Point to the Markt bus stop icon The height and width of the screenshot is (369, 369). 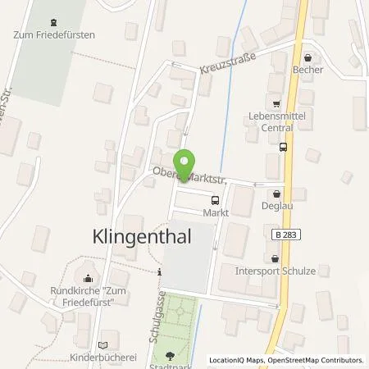pyautogui.click(x=216, y=199)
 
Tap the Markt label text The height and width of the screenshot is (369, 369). pyautogui.click(x=216, y=212)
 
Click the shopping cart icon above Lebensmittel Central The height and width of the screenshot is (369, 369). pyautogui.click(x=276, y=104)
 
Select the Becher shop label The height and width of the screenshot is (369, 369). pyautogui.click(x=307, y=70)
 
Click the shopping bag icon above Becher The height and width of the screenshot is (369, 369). pyautogui.click(x=307, y=58)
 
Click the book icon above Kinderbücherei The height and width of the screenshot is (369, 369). pyautogui.click(x=102, y=346)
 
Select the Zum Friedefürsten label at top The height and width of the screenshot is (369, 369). pyautogui.click(x=54, y=34)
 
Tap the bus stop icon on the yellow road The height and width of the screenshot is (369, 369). pyautogui.click(x=283, y=148)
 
